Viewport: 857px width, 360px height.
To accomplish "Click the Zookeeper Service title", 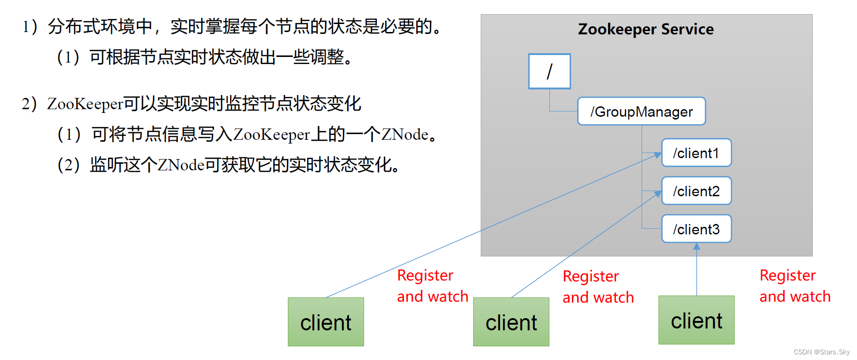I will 645,29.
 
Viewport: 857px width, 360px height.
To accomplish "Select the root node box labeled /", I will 549,72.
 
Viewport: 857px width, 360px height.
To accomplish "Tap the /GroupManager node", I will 641,112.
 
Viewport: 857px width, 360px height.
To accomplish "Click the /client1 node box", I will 696,153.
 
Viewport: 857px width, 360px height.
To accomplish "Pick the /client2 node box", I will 696,191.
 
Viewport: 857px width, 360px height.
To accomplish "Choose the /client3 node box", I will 696,229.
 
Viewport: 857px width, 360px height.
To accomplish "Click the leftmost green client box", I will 325,322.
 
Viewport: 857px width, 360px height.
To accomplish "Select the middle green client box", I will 511,322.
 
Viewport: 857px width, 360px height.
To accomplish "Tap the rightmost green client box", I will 696,320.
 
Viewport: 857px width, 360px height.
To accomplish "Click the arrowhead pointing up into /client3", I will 697,246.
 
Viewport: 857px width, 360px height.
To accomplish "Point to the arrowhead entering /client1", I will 658,155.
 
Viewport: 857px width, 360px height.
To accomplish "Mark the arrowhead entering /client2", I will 658,194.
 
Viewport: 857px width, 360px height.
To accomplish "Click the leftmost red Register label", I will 425,275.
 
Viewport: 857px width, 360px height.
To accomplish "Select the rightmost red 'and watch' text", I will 795,296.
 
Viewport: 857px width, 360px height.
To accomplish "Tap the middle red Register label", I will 590,276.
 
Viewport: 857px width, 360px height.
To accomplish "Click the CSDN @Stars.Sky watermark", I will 821,352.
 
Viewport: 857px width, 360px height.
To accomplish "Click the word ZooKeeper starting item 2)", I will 85,104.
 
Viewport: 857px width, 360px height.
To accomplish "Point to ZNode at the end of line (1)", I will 405,135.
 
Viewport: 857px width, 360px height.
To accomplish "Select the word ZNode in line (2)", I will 181,165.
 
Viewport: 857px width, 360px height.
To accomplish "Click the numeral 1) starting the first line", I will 29,27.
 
